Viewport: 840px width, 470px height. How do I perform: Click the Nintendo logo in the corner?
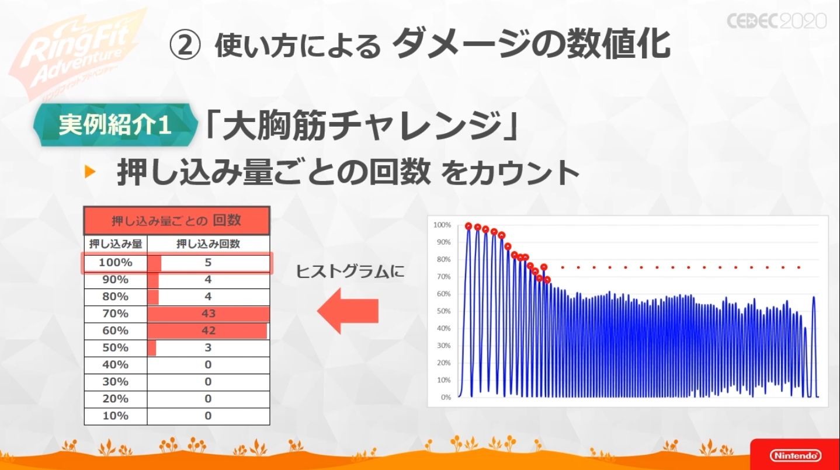tap(795, 455)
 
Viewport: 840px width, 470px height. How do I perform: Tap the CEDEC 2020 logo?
tap(777, 21)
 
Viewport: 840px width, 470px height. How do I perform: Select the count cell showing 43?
tap(209, 314)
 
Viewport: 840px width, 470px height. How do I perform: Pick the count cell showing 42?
tap(209, 330)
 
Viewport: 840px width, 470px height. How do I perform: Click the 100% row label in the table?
tap(116, 262)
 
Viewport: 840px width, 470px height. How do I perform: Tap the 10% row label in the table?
tap(116, 416)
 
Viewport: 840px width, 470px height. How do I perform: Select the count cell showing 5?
tap(209, 262)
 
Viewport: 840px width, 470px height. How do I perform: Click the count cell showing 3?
tap(209, 347)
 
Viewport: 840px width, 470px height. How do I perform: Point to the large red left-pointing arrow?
tap(348, 311)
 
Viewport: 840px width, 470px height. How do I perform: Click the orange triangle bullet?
tap(90, 172)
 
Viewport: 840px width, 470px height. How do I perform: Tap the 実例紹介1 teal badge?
tap(115, 125)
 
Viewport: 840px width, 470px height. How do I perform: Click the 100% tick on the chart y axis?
tap(442, 225)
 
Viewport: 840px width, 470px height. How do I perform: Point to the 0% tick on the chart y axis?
tap(446, 397)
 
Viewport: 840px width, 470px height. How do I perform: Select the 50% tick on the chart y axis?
tap(443, 311)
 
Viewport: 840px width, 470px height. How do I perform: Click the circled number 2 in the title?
tap(185, 46)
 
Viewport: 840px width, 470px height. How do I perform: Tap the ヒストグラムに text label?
tap(350, 271)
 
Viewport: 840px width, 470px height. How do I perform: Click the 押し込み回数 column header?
tap(209, 244)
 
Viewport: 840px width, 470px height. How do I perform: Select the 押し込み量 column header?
tap(116, 244)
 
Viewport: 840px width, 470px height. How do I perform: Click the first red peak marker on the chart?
tap(468, 226)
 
